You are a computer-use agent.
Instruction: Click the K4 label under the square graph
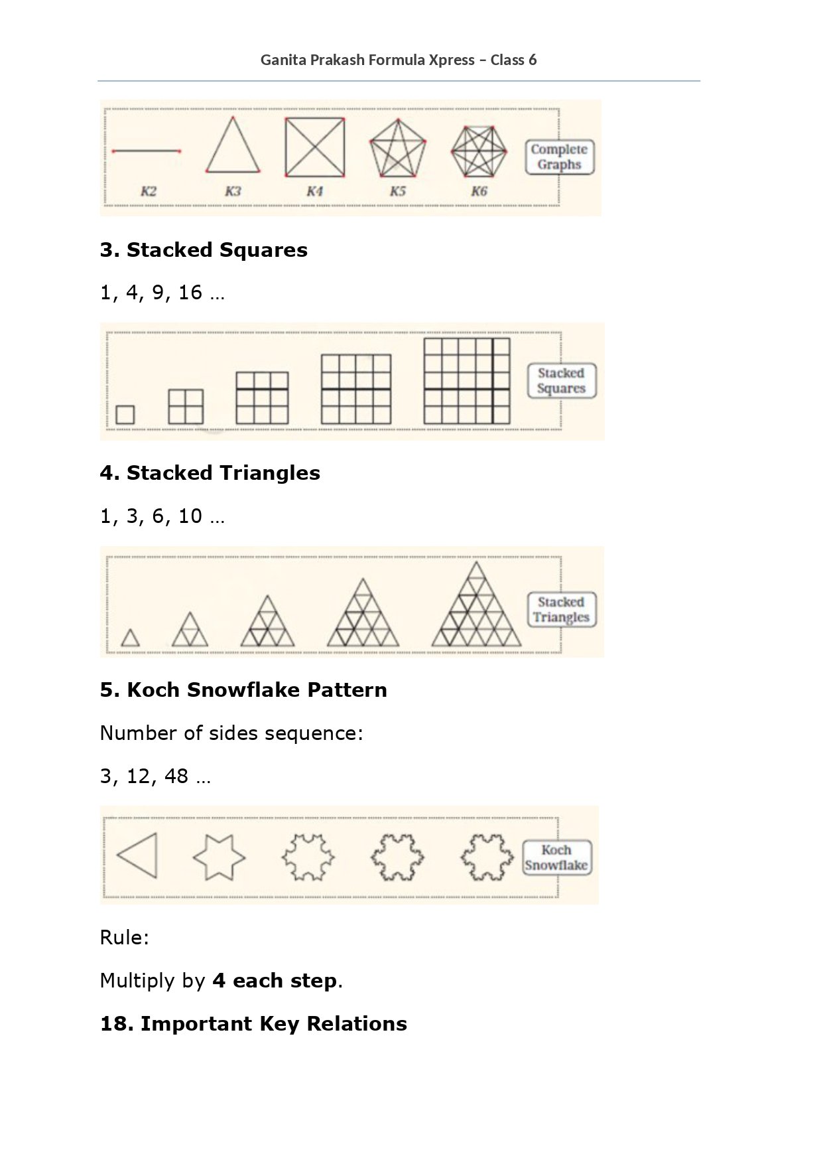314,192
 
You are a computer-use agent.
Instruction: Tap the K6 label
479,192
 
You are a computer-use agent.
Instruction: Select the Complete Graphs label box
559,157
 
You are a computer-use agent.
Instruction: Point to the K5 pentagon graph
397,150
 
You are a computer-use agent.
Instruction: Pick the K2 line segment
147,151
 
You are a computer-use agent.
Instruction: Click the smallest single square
125,415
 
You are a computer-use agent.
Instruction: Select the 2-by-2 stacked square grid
186,406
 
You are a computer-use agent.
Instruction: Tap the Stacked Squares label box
561,381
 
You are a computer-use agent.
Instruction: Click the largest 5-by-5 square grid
467,381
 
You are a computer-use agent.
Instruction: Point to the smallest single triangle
131,638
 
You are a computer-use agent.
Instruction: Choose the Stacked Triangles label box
561,610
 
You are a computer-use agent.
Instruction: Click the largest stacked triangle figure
476,607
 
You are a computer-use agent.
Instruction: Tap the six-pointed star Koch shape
219,857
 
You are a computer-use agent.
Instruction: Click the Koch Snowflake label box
556,857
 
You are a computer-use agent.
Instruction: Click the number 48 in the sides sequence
176,776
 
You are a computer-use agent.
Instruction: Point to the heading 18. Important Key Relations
253,1023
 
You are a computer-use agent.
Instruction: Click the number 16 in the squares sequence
190,292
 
